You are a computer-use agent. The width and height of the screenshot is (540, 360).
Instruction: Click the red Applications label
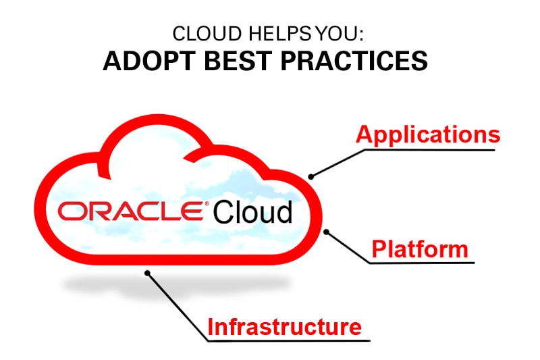point(428,134)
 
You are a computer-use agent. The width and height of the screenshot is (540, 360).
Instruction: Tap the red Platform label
point(419,249)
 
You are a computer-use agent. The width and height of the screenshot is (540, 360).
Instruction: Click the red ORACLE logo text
point(131,211)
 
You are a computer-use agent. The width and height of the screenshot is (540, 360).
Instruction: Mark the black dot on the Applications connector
point(311,177)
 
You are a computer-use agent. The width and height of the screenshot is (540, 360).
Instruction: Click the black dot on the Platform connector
point(327,232)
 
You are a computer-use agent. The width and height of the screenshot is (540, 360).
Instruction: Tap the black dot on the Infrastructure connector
point(148,272)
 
